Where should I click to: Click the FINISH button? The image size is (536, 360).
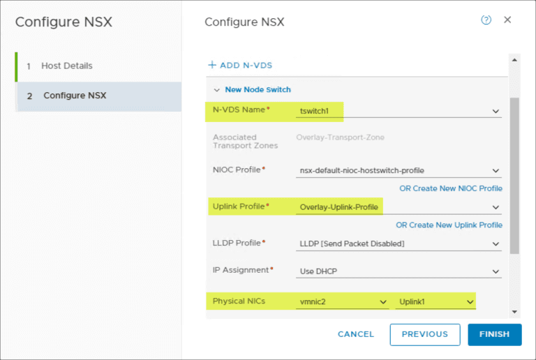tap(495, 334)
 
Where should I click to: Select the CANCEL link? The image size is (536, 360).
tap(356, 334)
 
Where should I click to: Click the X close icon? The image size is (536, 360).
tap(507, 20)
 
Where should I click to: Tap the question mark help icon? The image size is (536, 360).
tap(486, 20)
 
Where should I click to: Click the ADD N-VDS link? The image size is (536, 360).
tap(240, 66)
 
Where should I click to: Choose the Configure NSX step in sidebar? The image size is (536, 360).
tap(75, 96)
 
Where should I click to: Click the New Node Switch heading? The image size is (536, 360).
tap(258, 90)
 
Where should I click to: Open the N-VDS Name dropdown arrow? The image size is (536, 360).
tap(496, 112)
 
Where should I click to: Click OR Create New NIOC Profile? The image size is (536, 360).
tap(451, 188)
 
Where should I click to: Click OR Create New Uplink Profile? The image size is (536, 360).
tap(449, 225)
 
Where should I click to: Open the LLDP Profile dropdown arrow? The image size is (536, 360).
tap(496, 244)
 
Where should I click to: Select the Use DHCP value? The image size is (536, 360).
tap(318, 271)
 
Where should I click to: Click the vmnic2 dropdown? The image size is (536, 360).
tap(343, 302)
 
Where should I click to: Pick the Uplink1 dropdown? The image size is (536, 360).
tap(435, 302)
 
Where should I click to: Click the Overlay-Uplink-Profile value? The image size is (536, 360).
tap(338, 207)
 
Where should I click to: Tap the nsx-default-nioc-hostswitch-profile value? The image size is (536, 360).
tap(362, 171)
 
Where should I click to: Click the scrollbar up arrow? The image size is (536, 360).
tap(514, 60)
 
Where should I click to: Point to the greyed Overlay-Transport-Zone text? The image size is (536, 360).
tap(340, 137)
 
